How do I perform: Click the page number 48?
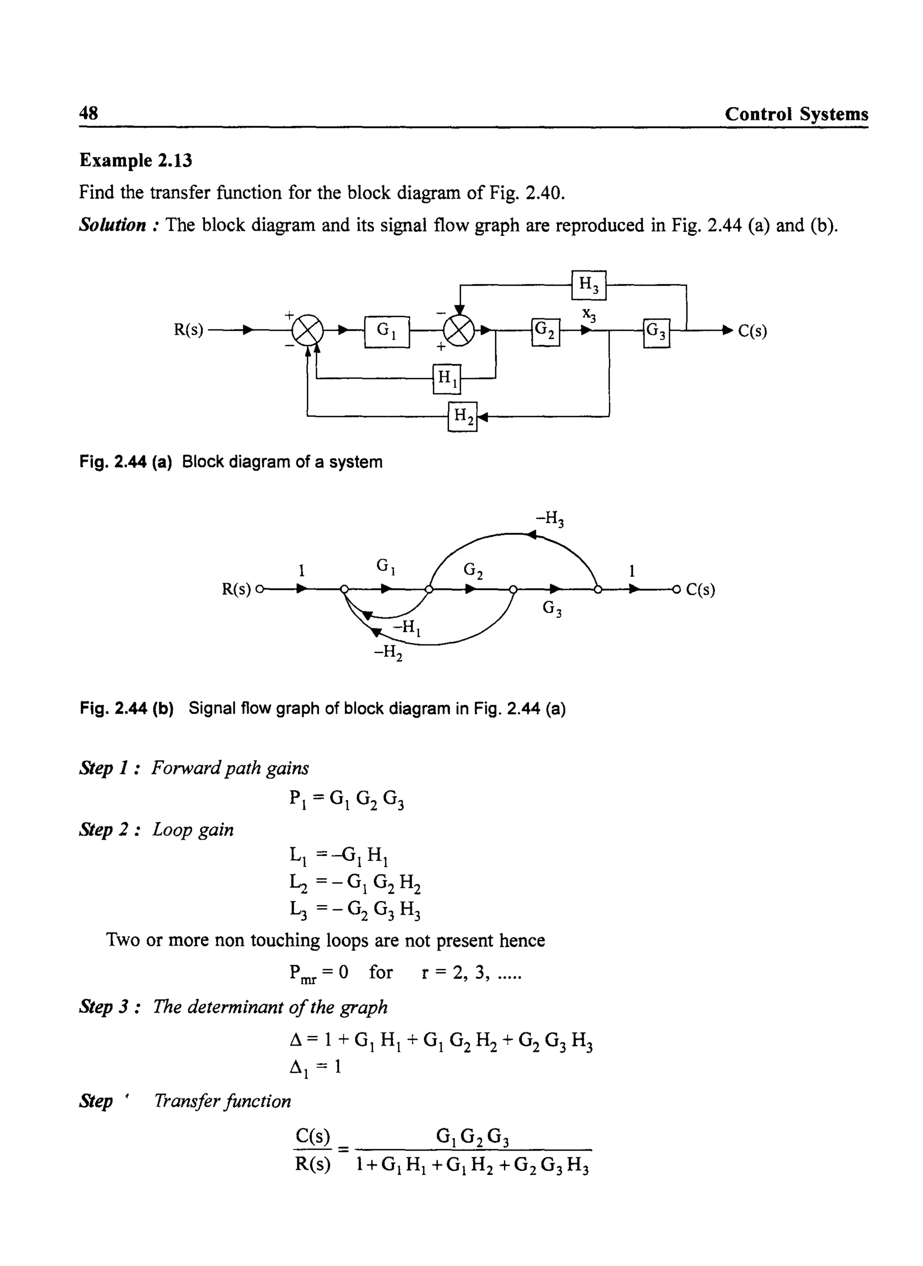pyautogui.click(x=89, y=114)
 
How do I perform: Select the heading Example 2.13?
pyautogui.click(x=136, y=160)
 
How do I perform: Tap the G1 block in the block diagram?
pyautogui.click(x=387, y=332)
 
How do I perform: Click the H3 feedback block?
pyautogui.click(x=588, y=285)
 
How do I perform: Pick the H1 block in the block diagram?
pyautogui.click(x=447, y=379)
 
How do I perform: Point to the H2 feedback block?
pyautogui.click(x=462, y=416)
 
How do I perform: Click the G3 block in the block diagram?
pyautogui.click(x=657, y=333)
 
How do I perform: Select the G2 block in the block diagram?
pyautogui.click(x=545, y=332)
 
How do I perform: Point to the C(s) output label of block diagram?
pyautogui.click(x=752, y=331)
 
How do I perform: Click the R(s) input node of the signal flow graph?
pyautogui.click(x=260, y=589)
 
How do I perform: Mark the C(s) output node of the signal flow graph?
pyautogui.click(x=677, y=589)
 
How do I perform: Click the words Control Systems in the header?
pyautogui.click(x=796, y=114)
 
